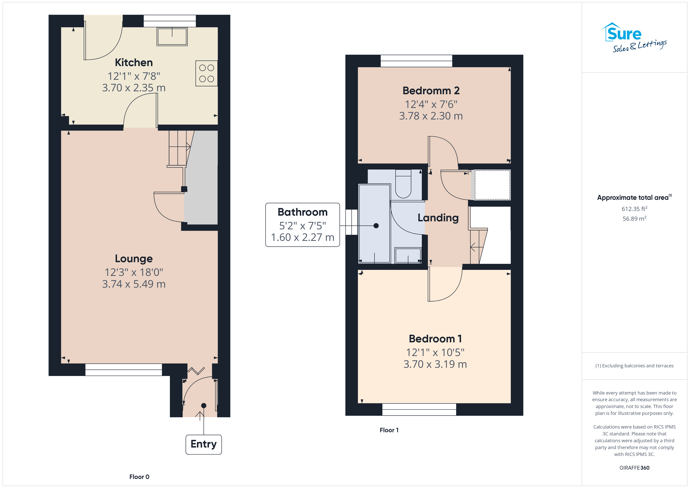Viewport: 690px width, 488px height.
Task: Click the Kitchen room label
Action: coord(134,63)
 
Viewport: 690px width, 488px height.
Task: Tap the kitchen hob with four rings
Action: coord(207,73)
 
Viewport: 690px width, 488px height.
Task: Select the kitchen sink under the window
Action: coord(172,36)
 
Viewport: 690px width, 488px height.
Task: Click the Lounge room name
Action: coord(134,259)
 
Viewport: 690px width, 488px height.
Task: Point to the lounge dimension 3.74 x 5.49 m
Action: coord(134,284)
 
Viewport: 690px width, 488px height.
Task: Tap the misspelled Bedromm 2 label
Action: coord(431,91)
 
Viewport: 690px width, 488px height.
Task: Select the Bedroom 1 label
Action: coord(435,339)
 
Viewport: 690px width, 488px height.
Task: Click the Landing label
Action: coord(438,218)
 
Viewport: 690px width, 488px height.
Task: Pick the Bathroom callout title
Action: coord(303,212)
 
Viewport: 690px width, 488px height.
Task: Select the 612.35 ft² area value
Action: coord(634,209)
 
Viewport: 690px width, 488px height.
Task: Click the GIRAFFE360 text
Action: coord(634,468)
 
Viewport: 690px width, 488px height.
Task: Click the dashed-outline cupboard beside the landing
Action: coord(492,185)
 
